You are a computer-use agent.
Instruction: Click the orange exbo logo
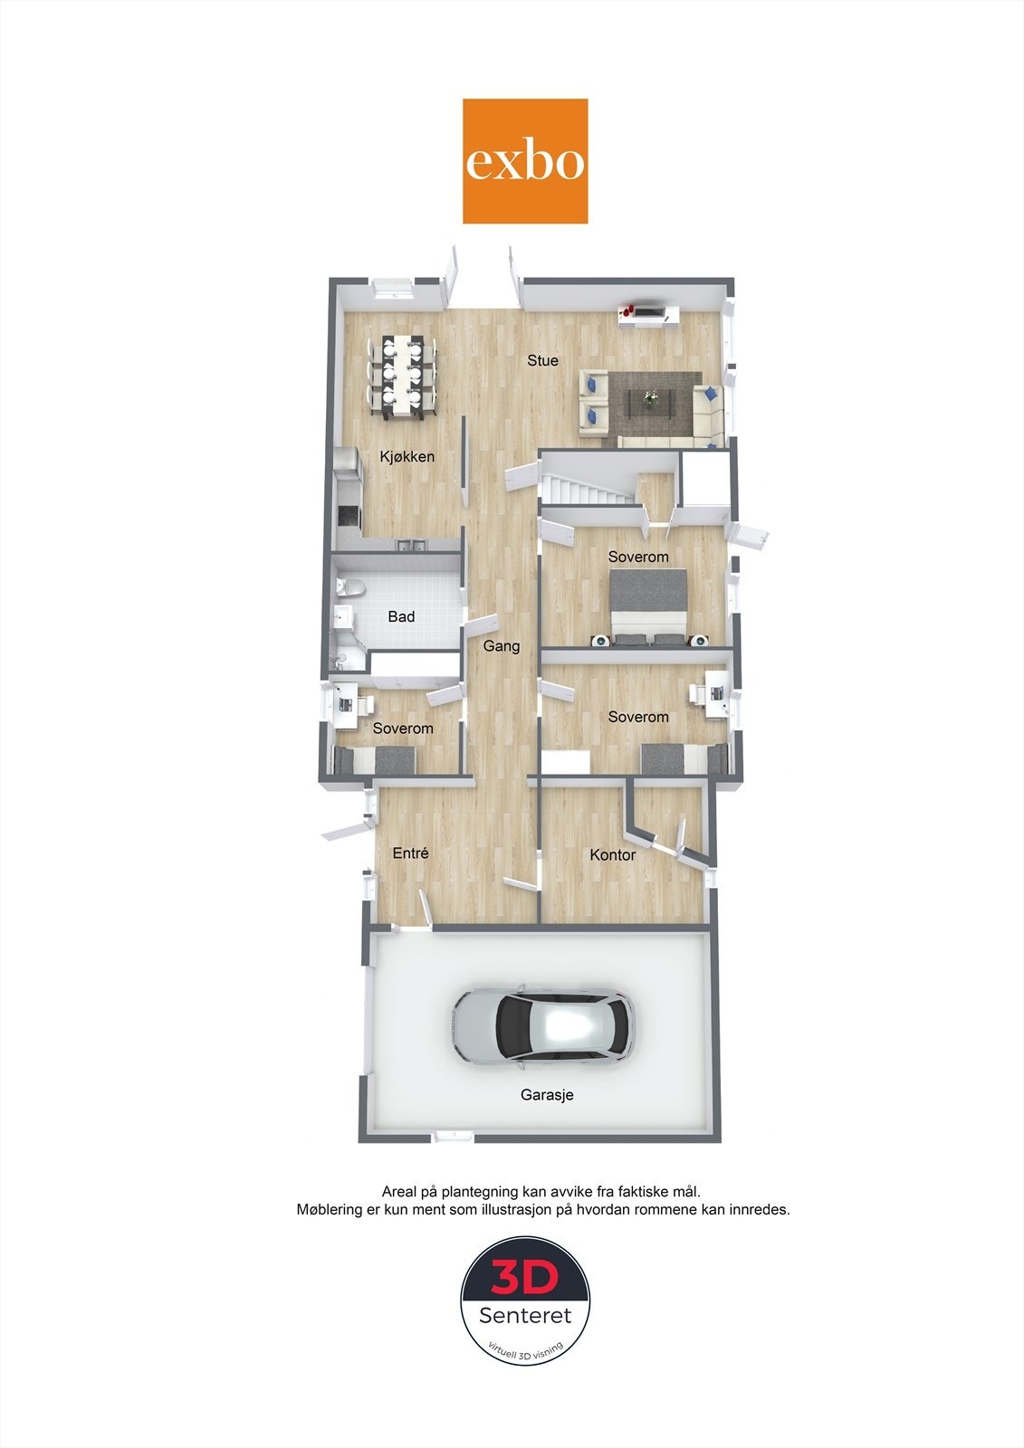coord(525,161)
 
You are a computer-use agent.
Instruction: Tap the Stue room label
coord(542,360)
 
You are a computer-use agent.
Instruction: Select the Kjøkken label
coord(407,457)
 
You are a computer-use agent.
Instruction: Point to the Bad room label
coord(401,616)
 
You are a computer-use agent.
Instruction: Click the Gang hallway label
coord(501,646)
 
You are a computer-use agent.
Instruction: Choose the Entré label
coord(410,853)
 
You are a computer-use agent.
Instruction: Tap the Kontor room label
coord(612,854)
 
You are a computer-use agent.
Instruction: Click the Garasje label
coord(547,1094)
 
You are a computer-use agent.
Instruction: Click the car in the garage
coord(542,1026)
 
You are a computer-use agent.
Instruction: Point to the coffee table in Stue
coord(651,400)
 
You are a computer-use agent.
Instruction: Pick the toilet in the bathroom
coord(349,588)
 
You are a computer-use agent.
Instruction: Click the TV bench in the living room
coord(648,314)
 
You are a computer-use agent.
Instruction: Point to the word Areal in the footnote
coord(401,1191)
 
